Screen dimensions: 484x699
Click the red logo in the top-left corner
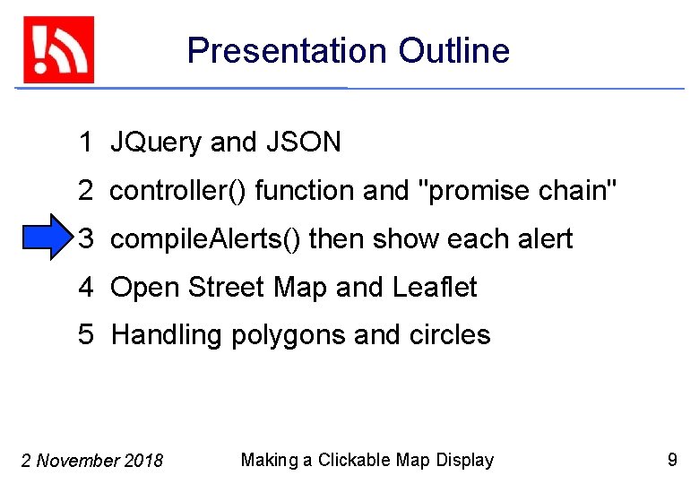tap(58, 49)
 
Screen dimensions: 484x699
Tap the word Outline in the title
tap(454, 51)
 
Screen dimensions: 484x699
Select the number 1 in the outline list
tap(85, 143)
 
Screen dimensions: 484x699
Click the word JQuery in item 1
tap(156, 143)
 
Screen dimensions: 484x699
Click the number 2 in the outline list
tap(85, 191)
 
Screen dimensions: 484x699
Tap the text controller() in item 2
tap(178, 191)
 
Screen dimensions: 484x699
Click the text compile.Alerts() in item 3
tap(205, 239)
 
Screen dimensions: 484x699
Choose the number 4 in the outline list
tap(86, 288)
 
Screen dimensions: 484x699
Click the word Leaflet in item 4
tap(435, 288)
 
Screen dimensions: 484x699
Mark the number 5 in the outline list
tap(86, 335)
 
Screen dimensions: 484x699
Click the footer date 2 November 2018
tap(91, 462)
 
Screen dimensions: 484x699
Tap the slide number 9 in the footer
tap(672, 461)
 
